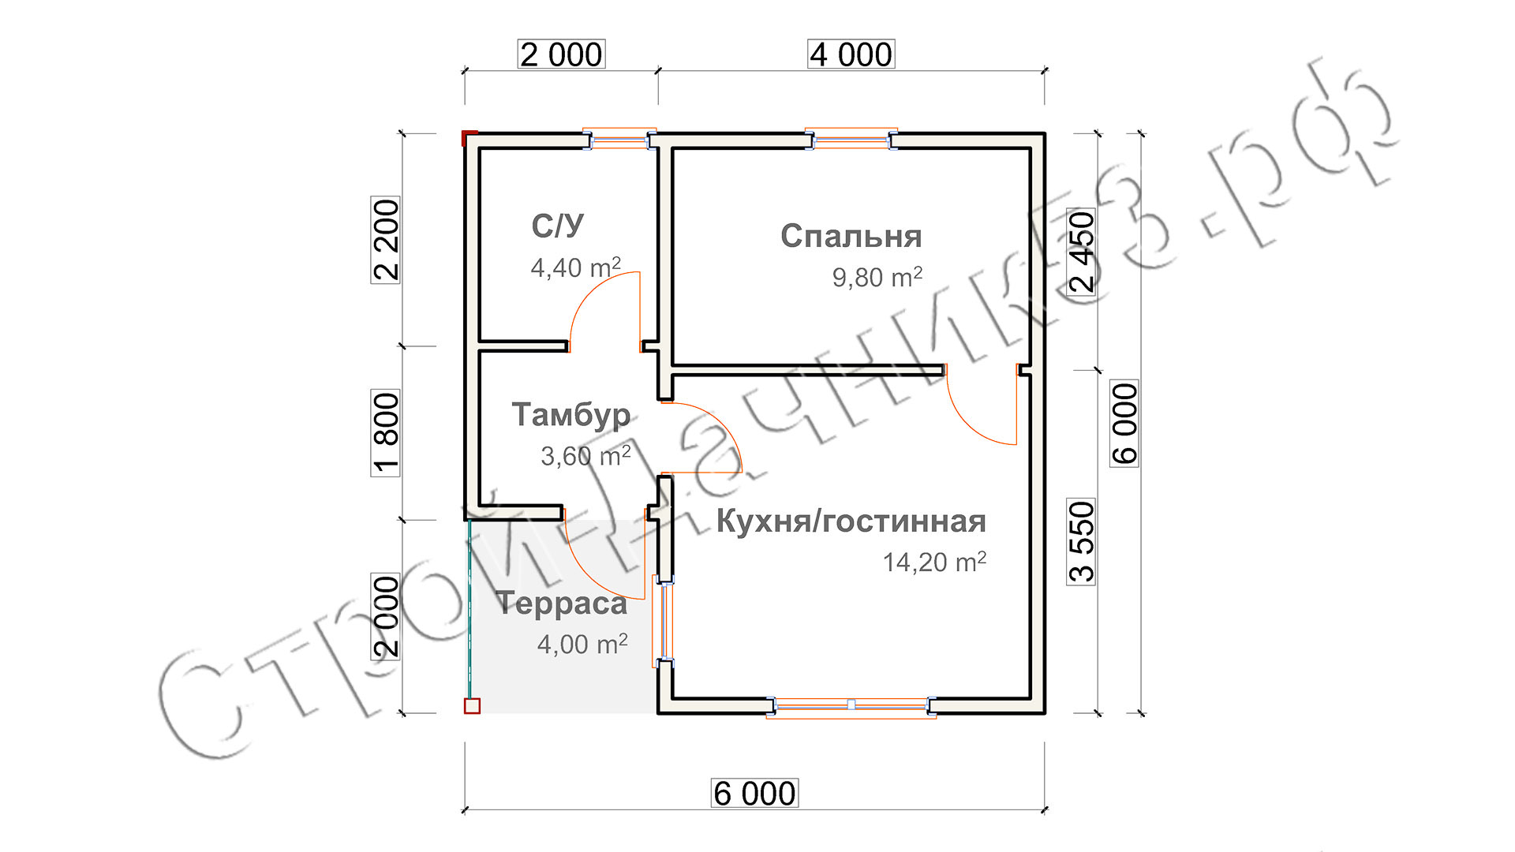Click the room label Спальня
click(851, 236)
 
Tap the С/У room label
click(557, 226)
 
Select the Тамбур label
click(571, 415)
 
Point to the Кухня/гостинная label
click(851, 521)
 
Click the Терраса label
click(562, 603)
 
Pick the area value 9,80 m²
click(877, 278)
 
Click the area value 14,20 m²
click(934, 562)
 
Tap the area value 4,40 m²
click(575, 268)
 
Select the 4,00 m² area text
click(582, 645)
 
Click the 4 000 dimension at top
click(851, 54)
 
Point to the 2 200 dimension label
click(386, 240)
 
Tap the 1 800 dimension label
click(386, 433)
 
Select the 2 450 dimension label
click(1082, 252)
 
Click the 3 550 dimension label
click(1082, 541)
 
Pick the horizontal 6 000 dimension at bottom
click(754, 794)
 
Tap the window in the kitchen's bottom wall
click(851, 705)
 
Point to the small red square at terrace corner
click(472, 706)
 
